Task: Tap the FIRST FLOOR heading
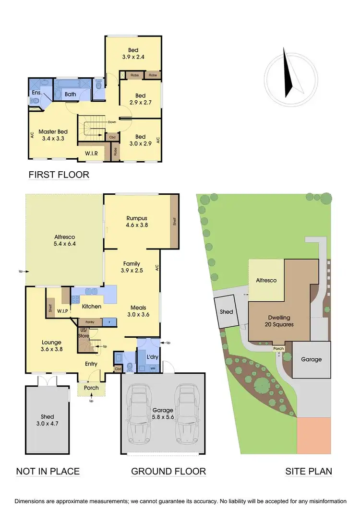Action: tap(59, 174)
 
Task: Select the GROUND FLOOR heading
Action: tap(168, 471)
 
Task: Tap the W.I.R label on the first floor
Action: tap(92, 154)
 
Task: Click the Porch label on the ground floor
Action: tap(91, 388)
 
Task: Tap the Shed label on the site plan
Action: tap(226, 312)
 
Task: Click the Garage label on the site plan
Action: tap(311, 359)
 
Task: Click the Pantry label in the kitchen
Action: tap(89, 322)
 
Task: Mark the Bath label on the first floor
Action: tap(71, 94)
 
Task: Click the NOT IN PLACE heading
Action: tap(48, 471)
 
